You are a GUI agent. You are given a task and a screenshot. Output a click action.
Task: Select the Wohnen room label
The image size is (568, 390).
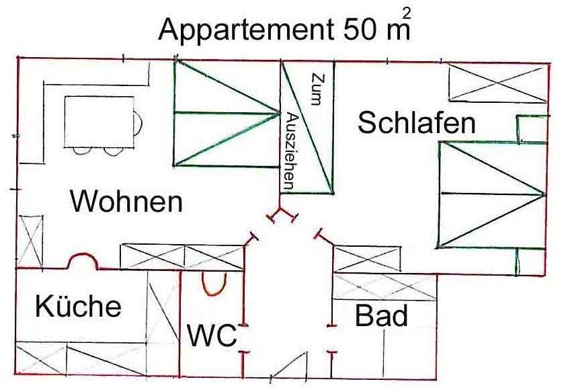coord(126,201)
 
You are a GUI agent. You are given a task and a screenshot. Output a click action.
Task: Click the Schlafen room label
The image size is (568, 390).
coord(417,123)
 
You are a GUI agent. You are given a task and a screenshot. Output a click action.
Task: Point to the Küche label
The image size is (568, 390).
coord(78,307)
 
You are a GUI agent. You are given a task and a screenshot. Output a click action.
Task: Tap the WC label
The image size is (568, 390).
coord(212,334)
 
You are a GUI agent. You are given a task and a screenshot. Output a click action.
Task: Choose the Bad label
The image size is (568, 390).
coord(381,315)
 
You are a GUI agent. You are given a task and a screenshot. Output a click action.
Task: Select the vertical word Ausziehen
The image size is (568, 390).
coord(291,149)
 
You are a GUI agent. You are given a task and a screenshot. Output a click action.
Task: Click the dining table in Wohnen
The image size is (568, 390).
coord(99,121)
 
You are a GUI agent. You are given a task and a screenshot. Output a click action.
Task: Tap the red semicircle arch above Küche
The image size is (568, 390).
coord(83,262)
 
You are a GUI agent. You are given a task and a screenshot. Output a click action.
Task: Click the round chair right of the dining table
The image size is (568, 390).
coord(138,122)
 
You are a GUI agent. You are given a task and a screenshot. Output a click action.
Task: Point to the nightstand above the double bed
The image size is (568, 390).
coord(531,128)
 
